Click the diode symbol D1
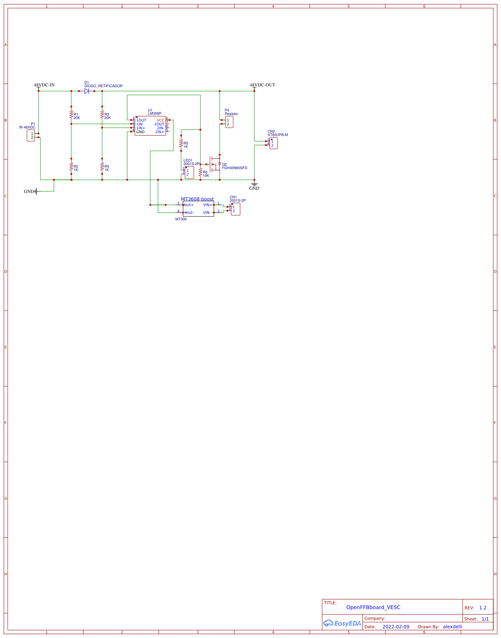click(x=87, y=91)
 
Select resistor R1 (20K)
click(x=71, y=115)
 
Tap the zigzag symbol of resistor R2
click(x=71, y=167)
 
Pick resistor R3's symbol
click(x=102, y=115)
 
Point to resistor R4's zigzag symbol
click(x=102, y=167)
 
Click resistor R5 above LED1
click(x=181, y=143)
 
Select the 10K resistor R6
click(x=200, y=172)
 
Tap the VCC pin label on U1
click(x=160, y=120)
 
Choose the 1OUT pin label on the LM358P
click(x=141, y=120)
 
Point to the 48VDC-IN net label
click(x=44, y=85)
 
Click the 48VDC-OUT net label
click(x=262, y=85)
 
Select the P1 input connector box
click(x=31, y=135)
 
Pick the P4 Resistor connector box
click(x=229, y=122)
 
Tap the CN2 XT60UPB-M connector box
click(x=273, y=143)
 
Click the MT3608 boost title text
click(x=197, y=199)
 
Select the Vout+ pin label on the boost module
click(x=189, y=205)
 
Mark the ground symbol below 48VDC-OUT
click(x=254, y=185)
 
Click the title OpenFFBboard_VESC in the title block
click(x=373, y=607)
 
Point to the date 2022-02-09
click(x=396, y=626)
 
